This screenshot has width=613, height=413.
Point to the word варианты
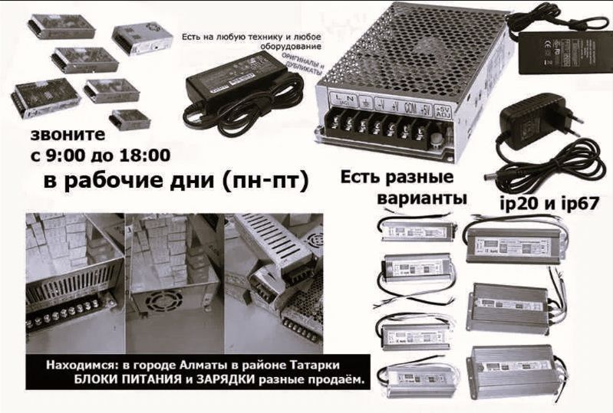(423, 198)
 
